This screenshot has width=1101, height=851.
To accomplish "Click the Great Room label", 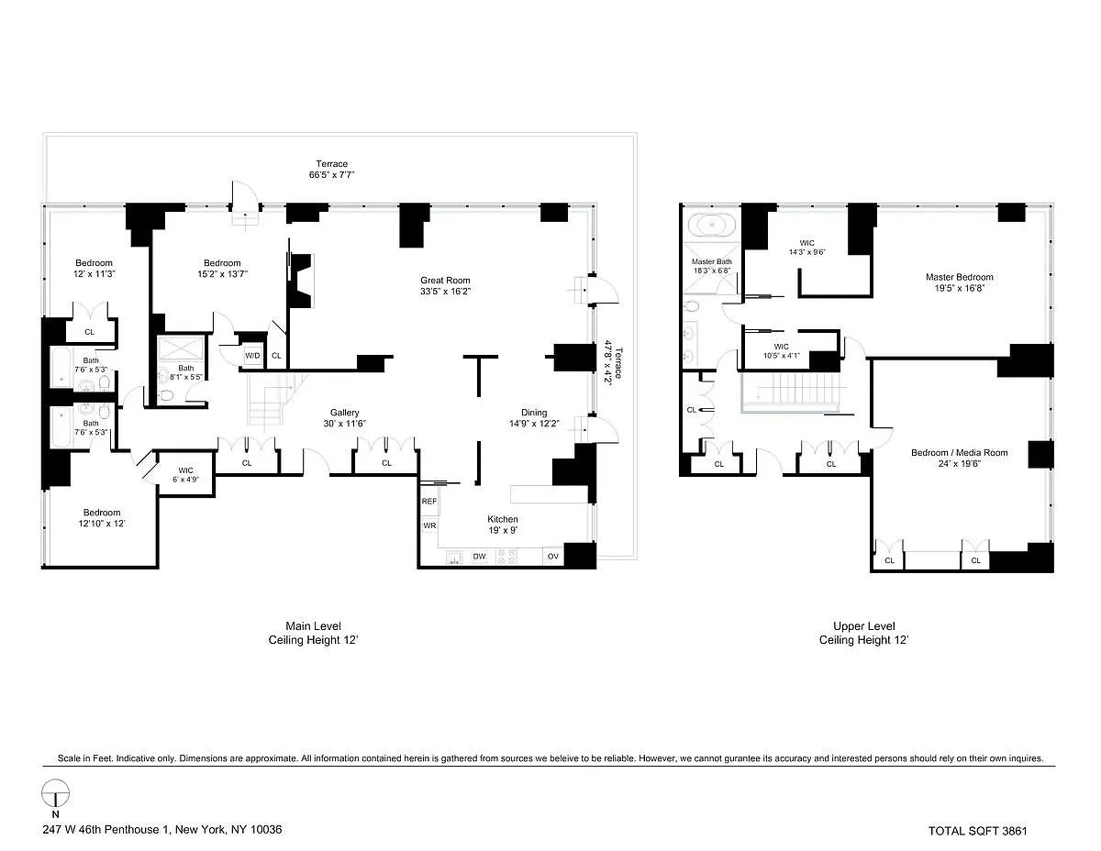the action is tap(445, 280).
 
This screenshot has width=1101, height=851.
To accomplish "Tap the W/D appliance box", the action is tap(252, 356).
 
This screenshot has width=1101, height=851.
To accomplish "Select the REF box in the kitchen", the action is tap(429, 502).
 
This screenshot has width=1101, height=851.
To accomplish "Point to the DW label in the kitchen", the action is tap(479, 557).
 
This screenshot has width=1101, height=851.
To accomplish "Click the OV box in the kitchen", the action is tap(552, 556).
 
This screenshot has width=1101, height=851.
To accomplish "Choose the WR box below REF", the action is tap(429, 525).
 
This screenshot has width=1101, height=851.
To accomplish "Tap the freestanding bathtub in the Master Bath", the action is tap(712, 225).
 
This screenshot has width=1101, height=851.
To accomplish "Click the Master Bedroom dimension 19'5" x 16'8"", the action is tap(959, 288).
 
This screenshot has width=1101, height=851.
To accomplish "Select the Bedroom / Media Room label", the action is tap(959, 453).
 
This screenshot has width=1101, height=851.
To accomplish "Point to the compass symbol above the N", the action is tap(55, 793).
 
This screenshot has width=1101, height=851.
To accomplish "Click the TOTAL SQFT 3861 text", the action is tap(977, 831).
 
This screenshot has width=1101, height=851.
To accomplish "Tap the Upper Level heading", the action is tap(864, 625).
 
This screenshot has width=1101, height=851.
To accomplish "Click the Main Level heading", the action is tap(313, 625).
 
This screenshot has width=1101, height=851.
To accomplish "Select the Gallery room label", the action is tap(345, 413).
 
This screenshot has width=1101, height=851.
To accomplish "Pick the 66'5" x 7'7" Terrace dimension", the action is tap(331, 174).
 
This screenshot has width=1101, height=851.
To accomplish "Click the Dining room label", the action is tap(534, 413).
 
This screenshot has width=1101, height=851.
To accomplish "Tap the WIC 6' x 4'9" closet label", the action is tap(185, 475).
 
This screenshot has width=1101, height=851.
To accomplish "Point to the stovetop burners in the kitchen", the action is tap(506, 557).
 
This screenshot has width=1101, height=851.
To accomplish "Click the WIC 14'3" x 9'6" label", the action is tap(807, 248).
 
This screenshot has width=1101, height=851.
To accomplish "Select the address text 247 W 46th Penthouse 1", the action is tap(107, 829).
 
